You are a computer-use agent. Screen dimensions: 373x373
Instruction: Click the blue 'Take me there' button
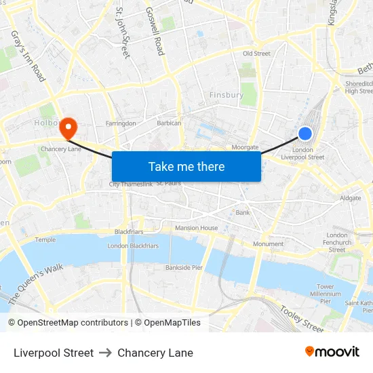(186, 166)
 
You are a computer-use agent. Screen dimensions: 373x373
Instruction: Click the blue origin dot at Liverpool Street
(305, 134)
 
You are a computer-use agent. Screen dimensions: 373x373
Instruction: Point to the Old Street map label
(256, 54)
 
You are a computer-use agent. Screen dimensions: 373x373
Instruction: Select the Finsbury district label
(227, 95)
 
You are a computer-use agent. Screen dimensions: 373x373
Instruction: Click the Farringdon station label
(121, 123)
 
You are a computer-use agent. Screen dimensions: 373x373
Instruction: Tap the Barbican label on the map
(169, 123)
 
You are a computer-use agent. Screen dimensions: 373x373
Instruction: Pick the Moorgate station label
(245, 146)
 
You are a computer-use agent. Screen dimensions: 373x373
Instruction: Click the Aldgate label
(351, 198)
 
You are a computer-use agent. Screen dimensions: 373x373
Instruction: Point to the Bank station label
(243, 212)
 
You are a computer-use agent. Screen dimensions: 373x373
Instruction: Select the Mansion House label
(196, 228)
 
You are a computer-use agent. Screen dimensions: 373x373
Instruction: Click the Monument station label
(268, 243)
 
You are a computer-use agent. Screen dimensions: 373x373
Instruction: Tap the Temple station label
(45, 239)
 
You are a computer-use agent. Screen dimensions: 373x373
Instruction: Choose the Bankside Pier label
(184, 267)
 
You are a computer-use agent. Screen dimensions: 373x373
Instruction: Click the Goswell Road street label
(155, 31)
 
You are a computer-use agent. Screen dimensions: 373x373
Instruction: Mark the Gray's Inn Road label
(28, 56)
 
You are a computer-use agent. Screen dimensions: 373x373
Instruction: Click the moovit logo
(332, 352)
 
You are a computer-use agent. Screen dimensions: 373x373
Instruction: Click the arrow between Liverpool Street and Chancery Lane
(105, 353)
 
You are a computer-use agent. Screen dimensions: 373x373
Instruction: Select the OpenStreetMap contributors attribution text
(68, 323)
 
